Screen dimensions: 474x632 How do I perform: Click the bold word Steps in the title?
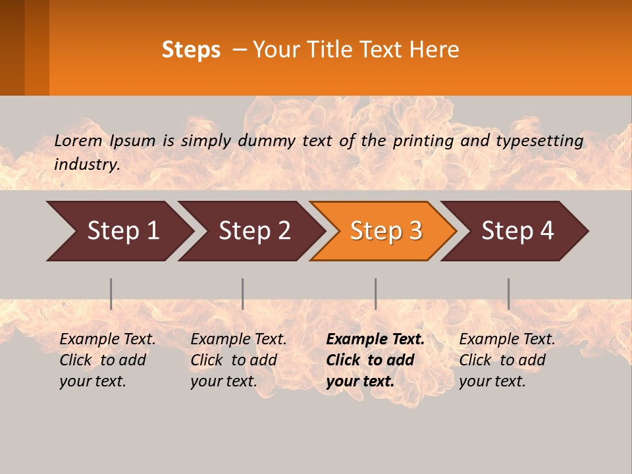191,50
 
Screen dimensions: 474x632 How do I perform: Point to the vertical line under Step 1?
111,294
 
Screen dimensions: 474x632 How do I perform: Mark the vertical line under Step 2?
243,294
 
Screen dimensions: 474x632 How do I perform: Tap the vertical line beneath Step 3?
375,294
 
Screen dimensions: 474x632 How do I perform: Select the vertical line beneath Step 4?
508,294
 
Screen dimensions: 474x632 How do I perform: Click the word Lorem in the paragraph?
78,141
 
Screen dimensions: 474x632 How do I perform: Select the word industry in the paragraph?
86,165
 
